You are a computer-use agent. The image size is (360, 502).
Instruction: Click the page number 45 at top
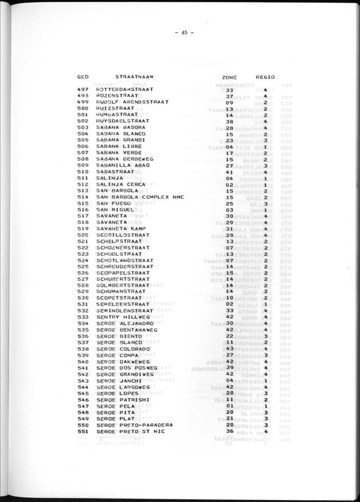click(x=184, y=33)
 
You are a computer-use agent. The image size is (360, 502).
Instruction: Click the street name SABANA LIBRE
click(x=119, y=146)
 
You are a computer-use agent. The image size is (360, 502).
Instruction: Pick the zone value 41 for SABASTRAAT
click(x=230, y=171)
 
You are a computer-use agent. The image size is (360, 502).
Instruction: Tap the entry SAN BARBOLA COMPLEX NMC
click(x=137, y=196)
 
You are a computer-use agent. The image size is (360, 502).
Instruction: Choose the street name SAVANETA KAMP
click(x=121, y=228)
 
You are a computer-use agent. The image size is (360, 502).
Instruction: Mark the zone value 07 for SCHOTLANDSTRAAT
click(x=230, y=260)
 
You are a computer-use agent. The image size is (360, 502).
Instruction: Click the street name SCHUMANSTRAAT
click(x=122, y=292)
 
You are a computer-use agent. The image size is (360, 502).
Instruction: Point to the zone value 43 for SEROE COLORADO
click(x=230, y=349)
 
